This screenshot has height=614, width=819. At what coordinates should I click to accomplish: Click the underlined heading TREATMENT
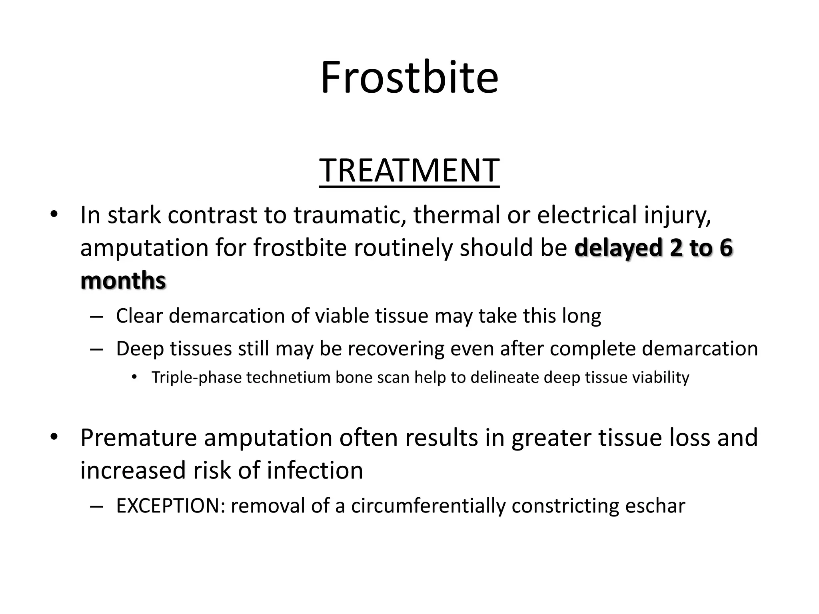409,171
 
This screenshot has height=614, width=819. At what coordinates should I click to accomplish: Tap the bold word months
123,281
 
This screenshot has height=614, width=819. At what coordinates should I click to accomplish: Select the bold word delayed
618,248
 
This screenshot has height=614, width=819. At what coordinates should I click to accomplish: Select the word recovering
396,349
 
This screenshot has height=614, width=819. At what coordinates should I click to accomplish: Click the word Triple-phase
196,378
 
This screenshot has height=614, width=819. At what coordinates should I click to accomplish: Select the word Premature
138,438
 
